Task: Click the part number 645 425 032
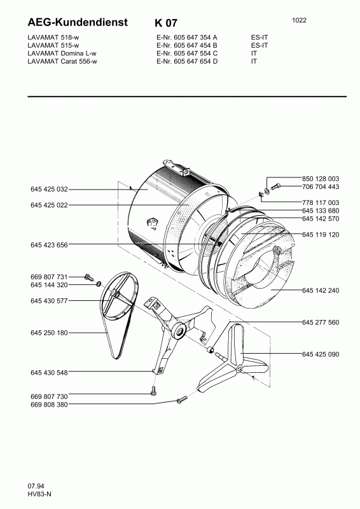pyautogui.click(x=49, y=189)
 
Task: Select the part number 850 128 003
pyautogui.click(x=321, y=179)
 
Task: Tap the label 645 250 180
pyautogui.click(x=49, y=333)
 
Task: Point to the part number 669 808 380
pyautogui.click(x=49, y=405)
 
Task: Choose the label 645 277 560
pyautogui.click(x=321, y=323)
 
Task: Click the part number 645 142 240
pyautogui.click(x=321, y=291)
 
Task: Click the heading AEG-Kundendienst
pyautogui.click(x=78, y=22)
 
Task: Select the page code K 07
pyautogui.click(x=166, y=23)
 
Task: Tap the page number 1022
pyautogui.click(x=299, y=20)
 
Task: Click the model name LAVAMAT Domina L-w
pyautogui.click(x=62, y=53)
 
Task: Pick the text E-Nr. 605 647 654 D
pyautogui.click(x=187, y=61)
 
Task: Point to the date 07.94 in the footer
pyautogui.click(x=36, y=486)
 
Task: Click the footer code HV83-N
pyautogui.click(x=39, y=494)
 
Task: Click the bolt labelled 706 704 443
pyautogui.click(x=275, y=187)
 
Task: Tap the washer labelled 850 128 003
pyautogui.click(x=267, y=191)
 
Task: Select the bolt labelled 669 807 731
pyautogui.click(x=88, y=277)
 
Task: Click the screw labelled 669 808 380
pyautogui.click(x=182, y=400)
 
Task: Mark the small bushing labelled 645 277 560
pyautogui.click(x=211, y=351)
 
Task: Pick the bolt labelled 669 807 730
pyautogui.click(x=154, y=391)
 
